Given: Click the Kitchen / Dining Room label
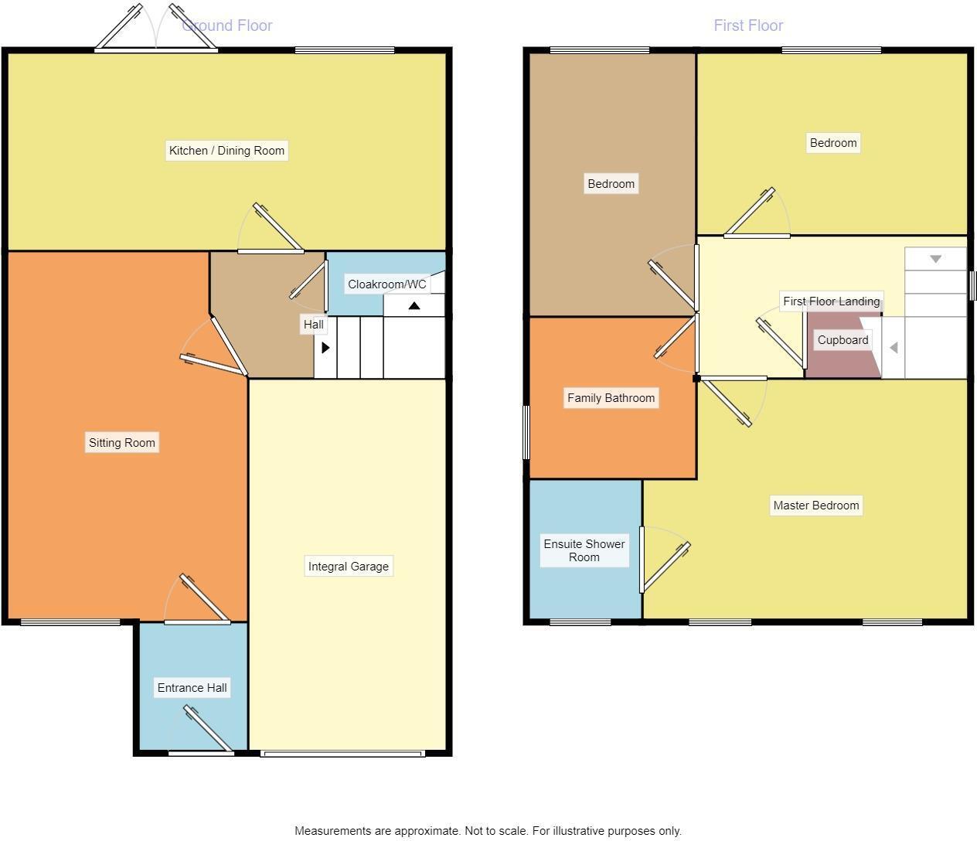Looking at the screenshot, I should coord(226,150).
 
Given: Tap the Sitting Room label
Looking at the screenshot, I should coord(121,442).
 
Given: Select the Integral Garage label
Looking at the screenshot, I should coord(348,566).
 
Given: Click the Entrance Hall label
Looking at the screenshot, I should coord(192,687).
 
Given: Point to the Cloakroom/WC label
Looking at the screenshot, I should coord(386,284).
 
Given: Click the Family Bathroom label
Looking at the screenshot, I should coord(611,397).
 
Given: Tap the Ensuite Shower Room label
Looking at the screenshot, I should coord(584,550).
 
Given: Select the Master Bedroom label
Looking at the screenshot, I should coord(815,505).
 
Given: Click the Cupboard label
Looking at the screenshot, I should coord(843,339).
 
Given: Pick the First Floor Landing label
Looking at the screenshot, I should coord(831,301).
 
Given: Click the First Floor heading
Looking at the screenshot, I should coord(747,26).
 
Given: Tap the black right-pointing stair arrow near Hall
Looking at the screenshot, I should coord(325,348).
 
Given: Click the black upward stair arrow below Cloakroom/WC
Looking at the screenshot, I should coord(414,306).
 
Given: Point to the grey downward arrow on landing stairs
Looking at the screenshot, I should coord(935,259).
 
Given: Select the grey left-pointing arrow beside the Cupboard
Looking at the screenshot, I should coord(894,348).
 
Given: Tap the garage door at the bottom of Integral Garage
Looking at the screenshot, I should coord(342,753).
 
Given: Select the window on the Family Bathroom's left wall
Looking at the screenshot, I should coord(526,432).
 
